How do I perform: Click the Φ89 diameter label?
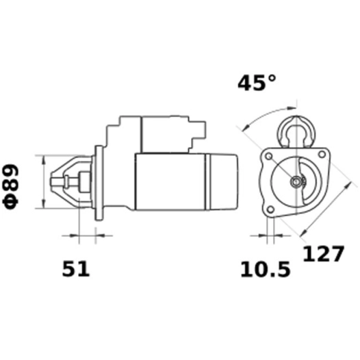click(x=15, y=185)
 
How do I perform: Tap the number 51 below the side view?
click(x=76, y=269)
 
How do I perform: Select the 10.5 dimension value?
click(x=265, y=269)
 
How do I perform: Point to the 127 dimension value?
click(x=322, y=254)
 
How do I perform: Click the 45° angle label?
click(x=257, y=83)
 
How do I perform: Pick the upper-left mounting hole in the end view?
click(x=268, y=157)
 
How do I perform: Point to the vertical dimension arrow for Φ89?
click(x=43, y=182)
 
